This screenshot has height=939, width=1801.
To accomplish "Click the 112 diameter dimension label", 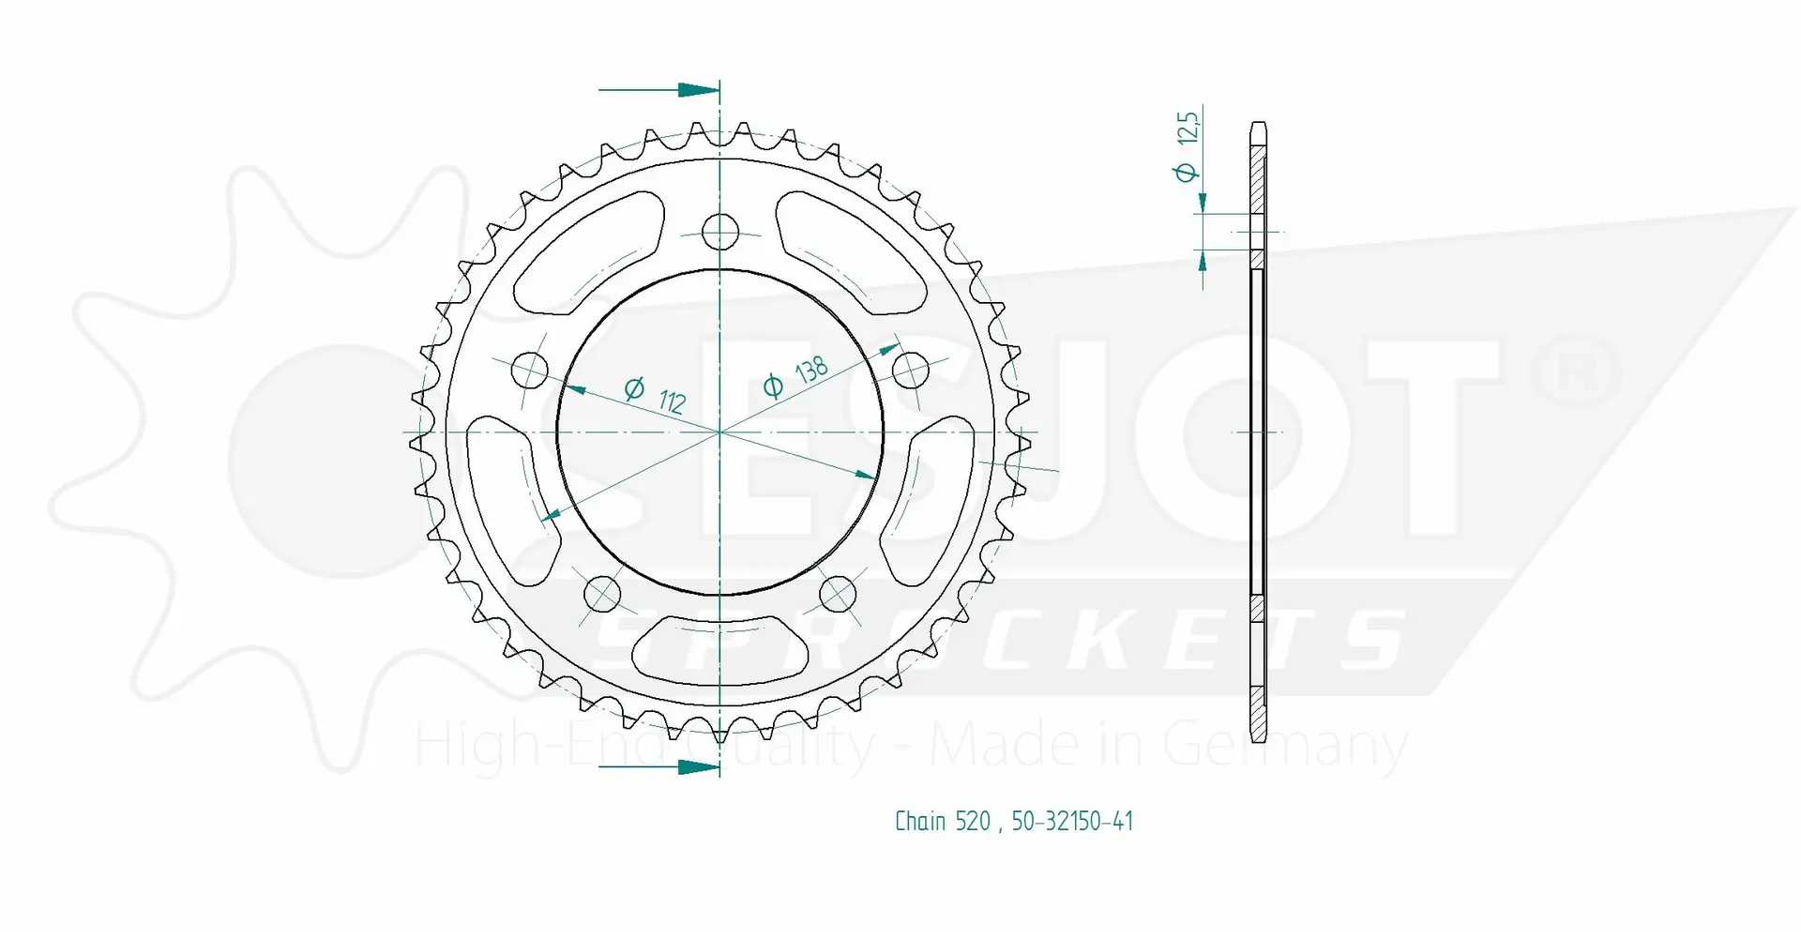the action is tap(656, 395).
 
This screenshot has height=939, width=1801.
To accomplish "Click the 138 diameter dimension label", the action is tap(796, 376).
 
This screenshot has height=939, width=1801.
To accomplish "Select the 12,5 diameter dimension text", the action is tap(1187, 145).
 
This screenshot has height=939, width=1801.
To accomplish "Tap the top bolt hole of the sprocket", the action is tap(720, 231).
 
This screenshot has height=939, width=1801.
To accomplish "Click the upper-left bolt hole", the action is tap(529, 371).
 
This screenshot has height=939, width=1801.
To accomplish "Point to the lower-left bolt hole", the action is tap(602, 593).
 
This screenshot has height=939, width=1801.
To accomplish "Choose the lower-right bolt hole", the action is tap(838, 593).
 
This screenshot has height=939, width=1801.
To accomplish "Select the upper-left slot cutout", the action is tap(586, 253).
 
